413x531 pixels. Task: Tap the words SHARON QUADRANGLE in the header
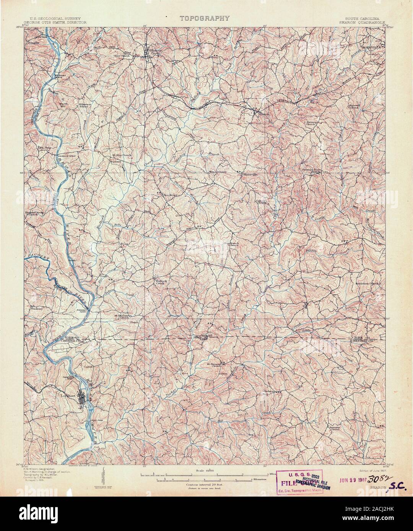point(365,23)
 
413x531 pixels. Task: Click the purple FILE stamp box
point(301,482)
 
